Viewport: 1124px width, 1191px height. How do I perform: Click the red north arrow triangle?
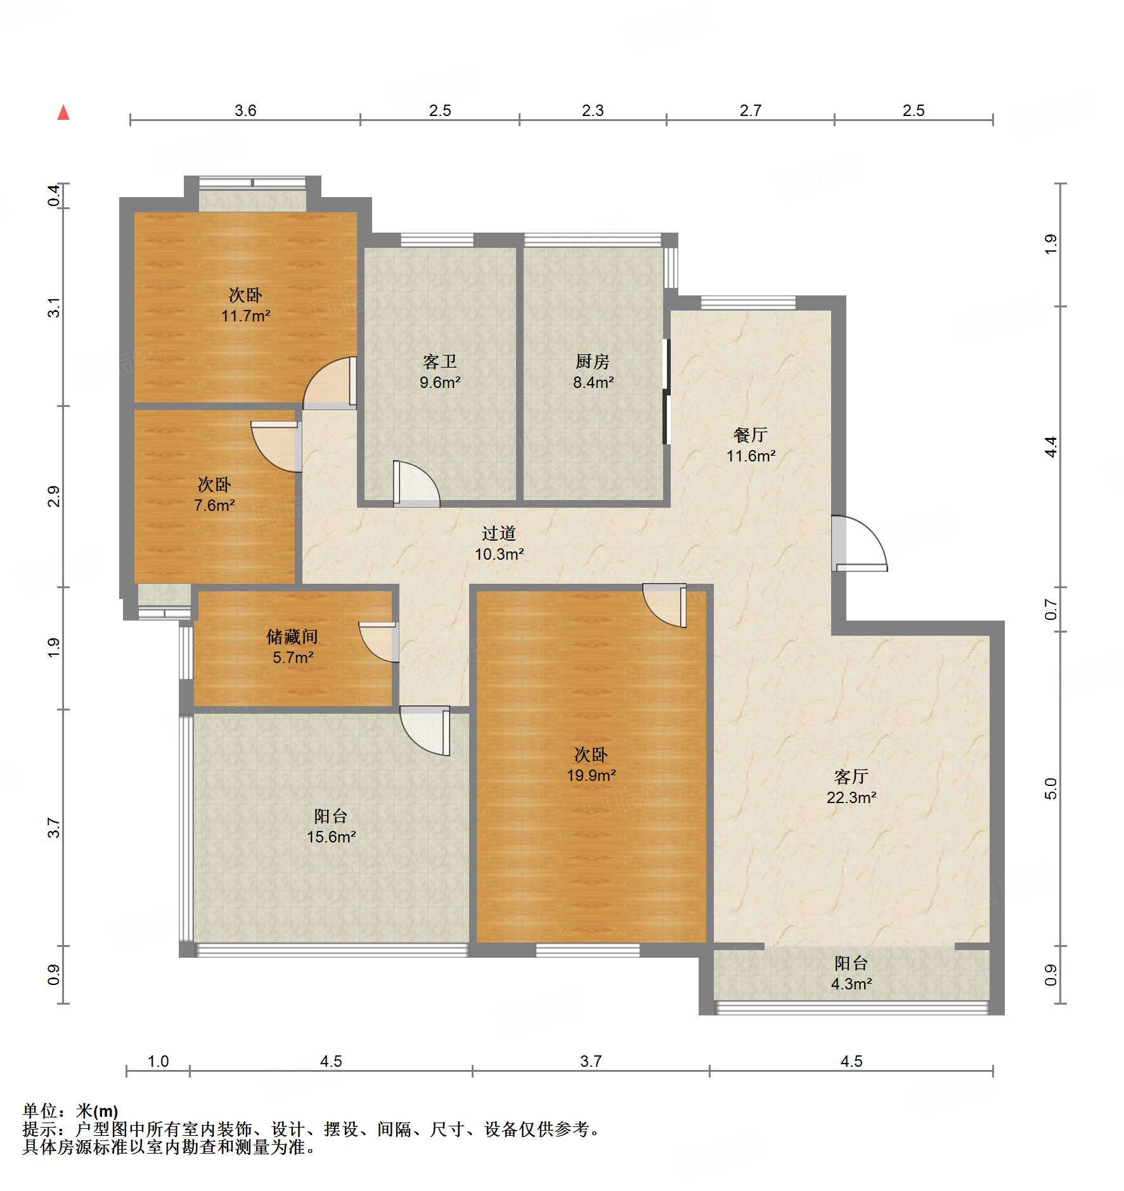click(x=63, y=112)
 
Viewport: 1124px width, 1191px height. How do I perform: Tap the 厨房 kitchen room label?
click(x=593, y=361)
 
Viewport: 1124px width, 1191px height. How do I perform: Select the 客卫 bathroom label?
click(x=440, y=361)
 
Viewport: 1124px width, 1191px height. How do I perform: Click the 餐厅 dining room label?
click(x=751, y=435)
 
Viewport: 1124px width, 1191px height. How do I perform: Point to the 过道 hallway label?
click(x=499, y=533)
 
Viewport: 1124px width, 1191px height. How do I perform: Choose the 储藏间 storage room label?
click(x=292, y=636)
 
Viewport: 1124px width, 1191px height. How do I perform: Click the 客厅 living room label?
click(x=851, y=776)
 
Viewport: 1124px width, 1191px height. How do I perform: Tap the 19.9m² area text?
click(x=591, y=775)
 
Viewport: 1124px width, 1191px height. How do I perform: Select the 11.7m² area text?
click(x=246, y=316)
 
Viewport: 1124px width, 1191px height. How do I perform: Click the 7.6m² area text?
click(x=214, y=506)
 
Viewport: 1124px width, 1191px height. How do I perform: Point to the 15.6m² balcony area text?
click(x=332, y=837)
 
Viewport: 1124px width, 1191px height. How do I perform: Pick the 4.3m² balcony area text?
click(x=851, y=984)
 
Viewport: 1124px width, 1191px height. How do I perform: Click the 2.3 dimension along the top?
click(x=593, y=110)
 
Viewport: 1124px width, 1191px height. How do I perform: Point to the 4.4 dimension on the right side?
click(x=1051, y=447)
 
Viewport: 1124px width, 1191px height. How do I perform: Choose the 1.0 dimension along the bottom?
click(x=158, y=1061)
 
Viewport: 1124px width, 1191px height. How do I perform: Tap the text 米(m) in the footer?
click(x=97, y=1111)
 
